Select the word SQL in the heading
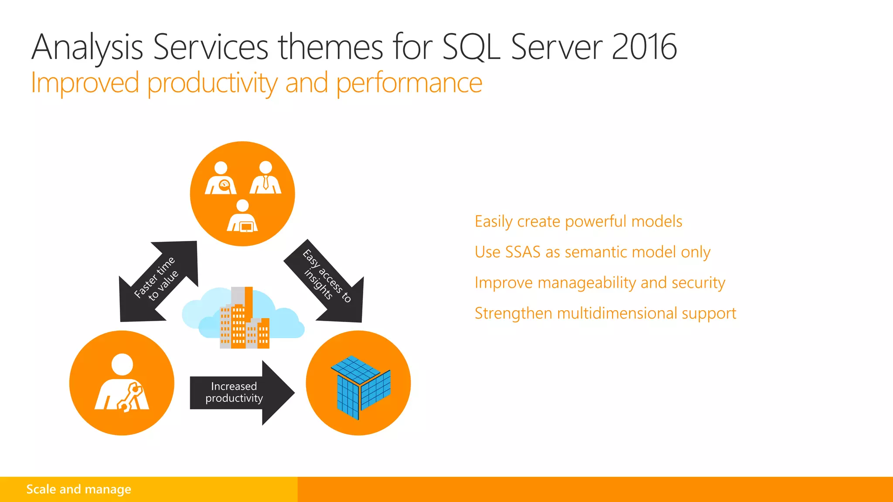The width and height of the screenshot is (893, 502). click(471, 47)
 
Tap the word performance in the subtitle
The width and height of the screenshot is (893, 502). click(409, 84)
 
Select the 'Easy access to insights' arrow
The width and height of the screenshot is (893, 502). click(325, 279)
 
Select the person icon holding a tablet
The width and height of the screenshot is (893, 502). click(242, 217)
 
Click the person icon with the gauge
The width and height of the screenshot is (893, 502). click(221, 179)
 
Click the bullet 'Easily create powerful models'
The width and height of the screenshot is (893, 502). click(578, 221)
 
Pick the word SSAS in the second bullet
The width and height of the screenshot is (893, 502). click(522, 252)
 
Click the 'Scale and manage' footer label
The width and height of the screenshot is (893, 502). click(78, 489)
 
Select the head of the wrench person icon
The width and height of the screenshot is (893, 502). click(122, 364)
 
